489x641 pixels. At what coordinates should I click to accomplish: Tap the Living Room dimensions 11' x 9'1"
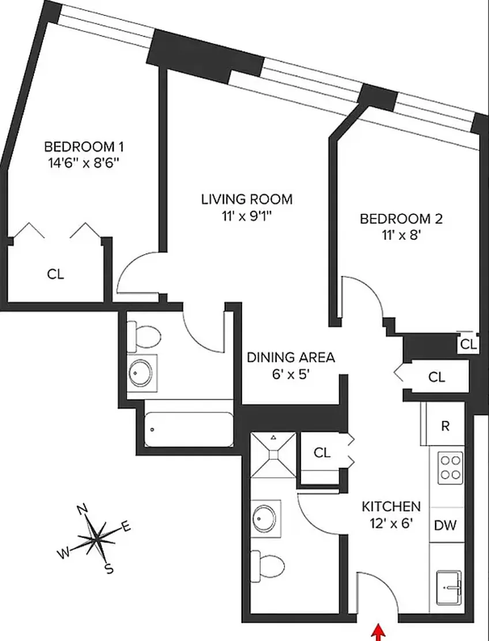[246, 217]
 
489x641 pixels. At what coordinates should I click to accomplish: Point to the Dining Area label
[291, 357]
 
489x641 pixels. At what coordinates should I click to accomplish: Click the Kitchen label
[391, 507]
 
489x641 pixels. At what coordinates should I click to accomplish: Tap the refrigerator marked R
[445, 426]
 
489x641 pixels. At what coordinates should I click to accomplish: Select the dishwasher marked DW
[445, 525]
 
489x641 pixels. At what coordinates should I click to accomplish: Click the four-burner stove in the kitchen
[450, 467]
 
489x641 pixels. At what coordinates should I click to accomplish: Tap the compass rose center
[96, 539]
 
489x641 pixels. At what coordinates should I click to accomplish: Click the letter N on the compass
[82, 509]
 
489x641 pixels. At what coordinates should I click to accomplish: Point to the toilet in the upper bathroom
[144, 336]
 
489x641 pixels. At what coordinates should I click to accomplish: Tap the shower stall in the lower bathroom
[273, 454]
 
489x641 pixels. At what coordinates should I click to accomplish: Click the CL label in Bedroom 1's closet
[55, 274]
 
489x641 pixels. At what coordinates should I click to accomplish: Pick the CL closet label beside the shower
[322, 453]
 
